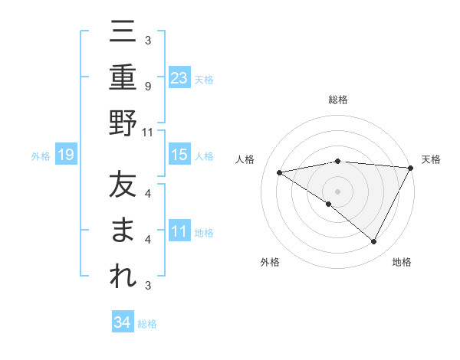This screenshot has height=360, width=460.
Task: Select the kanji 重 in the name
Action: (123, 78)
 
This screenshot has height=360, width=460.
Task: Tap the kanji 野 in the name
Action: (123, 123)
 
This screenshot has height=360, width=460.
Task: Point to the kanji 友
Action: (123, 186)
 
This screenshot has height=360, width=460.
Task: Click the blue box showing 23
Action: (179, 77)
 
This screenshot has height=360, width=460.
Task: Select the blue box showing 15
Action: (179, 155)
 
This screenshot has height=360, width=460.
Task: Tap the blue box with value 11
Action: (179, 231)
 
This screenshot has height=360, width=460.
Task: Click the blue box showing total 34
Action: (123, 322)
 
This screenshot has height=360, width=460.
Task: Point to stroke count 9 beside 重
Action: (147, 87)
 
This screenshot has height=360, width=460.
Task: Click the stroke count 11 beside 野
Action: (148, 132)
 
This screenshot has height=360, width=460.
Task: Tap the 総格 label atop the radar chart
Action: (337, 100)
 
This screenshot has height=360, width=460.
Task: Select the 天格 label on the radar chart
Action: (431, 159)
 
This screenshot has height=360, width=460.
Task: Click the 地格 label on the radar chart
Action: (402, 262)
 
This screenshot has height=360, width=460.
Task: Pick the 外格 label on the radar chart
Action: (270, 262)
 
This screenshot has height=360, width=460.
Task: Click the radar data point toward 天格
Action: (410, 167)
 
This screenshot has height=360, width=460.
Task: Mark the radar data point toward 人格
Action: (280, 172)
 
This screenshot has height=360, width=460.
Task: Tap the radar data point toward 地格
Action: (374, 242)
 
